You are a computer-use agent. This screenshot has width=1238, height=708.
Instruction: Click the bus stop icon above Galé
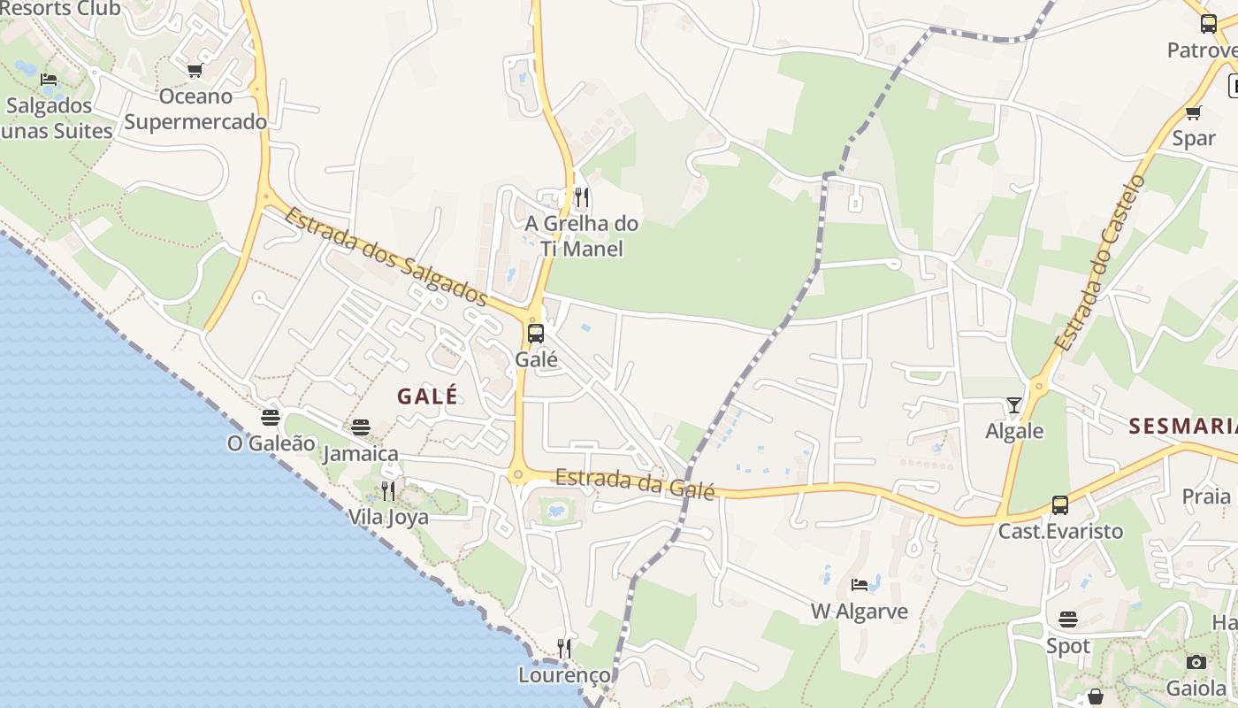[x=536, y=334]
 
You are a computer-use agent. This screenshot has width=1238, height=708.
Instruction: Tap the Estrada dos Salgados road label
[x=386, y=256]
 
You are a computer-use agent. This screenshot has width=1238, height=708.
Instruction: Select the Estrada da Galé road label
[x=634, y=481]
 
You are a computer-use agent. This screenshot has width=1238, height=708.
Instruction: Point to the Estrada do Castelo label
[x=1100, y=263]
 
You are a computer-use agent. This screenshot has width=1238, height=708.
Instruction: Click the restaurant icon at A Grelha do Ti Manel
[x=581, y=196]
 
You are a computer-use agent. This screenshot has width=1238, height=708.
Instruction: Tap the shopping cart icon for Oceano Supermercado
[x=195, y=70]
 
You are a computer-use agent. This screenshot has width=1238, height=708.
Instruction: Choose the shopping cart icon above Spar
[x=1193, y=112]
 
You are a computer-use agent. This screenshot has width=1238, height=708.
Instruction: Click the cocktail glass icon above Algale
[x=1013, y=405]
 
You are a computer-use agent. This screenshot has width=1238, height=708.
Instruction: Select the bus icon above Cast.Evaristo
[x=1059, y=505]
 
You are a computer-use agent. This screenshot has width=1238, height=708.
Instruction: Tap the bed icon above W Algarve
[x=859, y=584]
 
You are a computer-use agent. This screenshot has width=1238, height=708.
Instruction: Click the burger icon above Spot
[x=1068, y=619]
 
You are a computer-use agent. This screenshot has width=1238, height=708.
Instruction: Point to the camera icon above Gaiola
[x=1196, y=662]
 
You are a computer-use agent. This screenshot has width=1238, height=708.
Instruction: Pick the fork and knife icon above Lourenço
[x=563, y=649]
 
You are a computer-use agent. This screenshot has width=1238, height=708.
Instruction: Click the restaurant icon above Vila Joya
[x=387, y=490]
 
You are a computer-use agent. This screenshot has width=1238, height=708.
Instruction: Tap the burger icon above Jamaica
[x=360, y=427]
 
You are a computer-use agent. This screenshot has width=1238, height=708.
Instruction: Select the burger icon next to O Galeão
[x=271, y=418]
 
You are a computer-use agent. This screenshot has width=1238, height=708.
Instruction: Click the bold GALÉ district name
[x=427, y=396]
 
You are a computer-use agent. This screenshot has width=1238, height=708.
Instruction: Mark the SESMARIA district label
[x=1182, y=427]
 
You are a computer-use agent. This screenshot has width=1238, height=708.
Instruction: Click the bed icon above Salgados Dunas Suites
[x=49, y=80]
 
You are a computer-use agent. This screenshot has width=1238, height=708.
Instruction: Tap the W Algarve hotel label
[x=859, y=612]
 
